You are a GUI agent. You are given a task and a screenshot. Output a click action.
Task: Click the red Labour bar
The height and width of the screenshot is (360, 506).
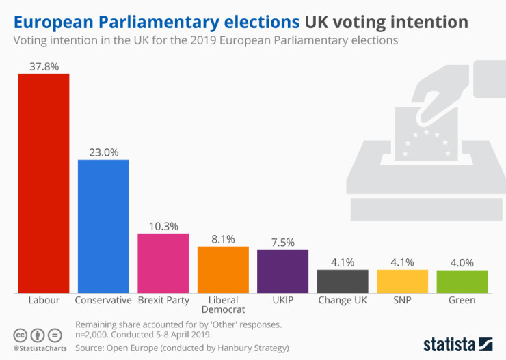[x=43, y=183]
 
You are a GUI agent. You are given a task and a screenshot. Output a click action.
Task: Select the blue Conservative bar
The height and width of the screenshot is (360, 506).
[x=103, y=225]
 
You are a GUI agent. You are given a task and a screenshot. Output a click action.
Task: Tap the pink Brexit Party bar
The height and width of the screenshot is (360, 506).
[x=163, y=263]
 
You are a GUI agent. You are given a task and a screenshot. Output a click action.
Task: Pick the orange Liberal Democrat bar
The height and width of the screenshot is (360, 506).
[x=223, y=269]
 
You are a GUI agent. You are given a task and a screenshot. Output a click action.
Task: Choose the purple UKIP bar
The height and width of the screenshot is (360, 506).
[x=282, y=271]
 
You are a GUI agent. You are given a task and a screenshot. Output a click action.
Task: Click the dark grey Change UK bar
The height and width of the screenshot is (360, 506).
[x=343, y=281]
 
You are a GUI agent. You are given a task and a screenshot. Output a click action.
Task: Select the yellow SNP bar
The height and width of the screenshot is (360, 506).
[x=402, y=281]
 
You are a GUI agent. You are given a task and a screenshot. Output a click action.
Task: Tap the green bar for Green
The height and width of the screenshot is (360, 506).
[x=462, y=281]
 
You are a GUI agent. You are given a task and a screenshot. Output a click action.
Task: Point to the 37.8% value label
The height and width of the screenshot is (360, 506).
[x=43, y=66]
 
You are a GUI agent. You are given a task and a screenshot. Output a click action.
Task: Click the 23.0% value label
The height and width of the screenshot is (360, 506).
[x=103, y=152]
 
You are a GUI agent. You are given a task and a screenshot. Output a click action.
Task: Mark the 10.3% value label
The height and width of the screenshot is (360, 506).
[x=163, y=226]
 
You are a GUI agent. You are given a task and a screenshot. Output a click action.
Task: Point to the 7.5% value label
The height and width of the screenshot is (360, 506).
[x=282, y=242]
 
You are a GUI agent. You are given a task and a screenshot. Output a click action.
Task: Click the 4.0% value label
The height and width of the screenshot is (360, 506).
[x=462, y=262]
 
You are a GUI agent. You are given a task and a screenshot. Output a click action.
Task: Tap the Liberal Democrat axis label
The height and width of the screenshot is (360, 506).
[x=223, y=305]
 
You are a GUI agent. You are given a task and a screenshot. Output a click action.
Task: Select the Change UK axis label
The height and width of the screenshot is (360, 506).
[x=343, y=300]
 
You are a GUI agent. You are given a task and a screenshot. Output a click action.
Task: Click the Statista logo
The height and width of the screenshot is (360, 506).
[x=457, y=343]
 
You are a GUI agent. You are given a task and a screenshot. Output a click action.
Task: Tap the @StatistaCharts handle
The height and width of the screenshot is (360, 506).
[x=39, y=348]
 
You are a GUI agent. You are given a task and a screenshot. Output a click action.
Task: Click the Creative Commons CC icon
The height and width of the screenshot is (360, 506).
[x=21, y=335]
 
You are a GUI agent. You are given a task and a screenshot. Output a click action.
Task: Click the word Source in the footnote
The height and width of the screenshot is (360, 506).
[x=90, y=348]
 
